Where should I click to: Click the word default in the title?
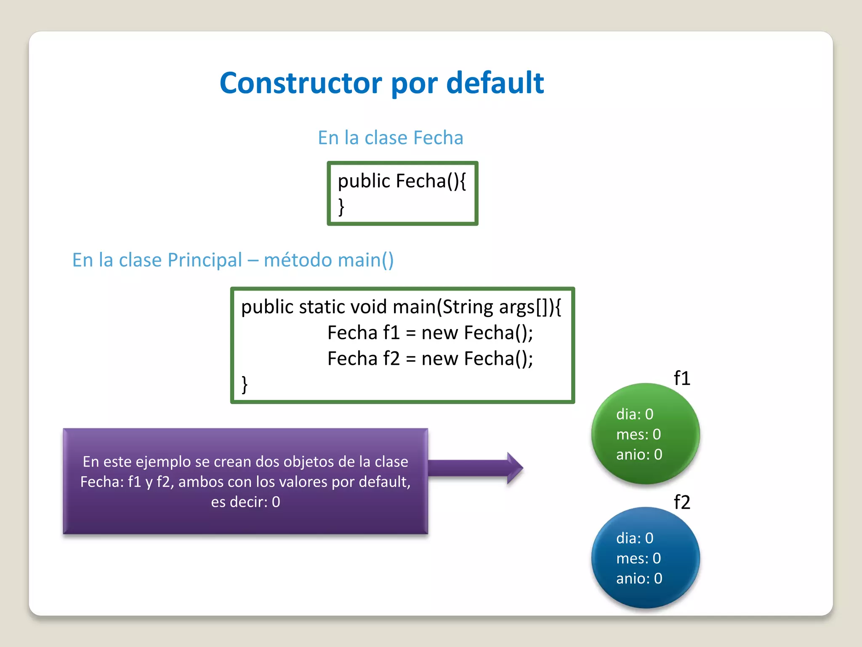point(495,83)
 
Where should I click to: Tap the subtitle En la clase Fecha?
point(390,138)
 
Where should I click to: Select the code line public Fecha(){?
point(402,181)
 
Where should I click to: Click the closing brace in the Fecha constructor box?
point(341,207)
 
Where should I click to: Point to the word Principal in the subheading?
point(205,260)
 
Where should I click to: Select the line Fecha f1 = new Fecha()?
point(430,333)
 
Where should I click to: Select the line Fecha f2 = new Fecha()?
point(430,359)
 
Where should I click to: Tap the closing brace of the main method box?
point(245,385)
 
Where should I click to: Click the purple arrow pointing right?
point(476,468)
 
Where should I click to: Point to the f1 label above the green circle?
point(682,378)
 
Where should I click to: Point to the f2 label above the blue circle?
point(682,502)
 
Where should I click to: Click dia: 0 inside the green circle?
point(635,414)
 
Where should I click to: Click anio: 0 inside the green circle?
point(639,455)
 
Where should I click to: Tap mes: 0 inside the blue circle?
point(638,559)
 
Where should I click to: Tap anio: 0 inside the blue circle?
point(639,579)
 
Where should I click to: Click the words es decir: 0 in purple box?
point(245,502)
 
